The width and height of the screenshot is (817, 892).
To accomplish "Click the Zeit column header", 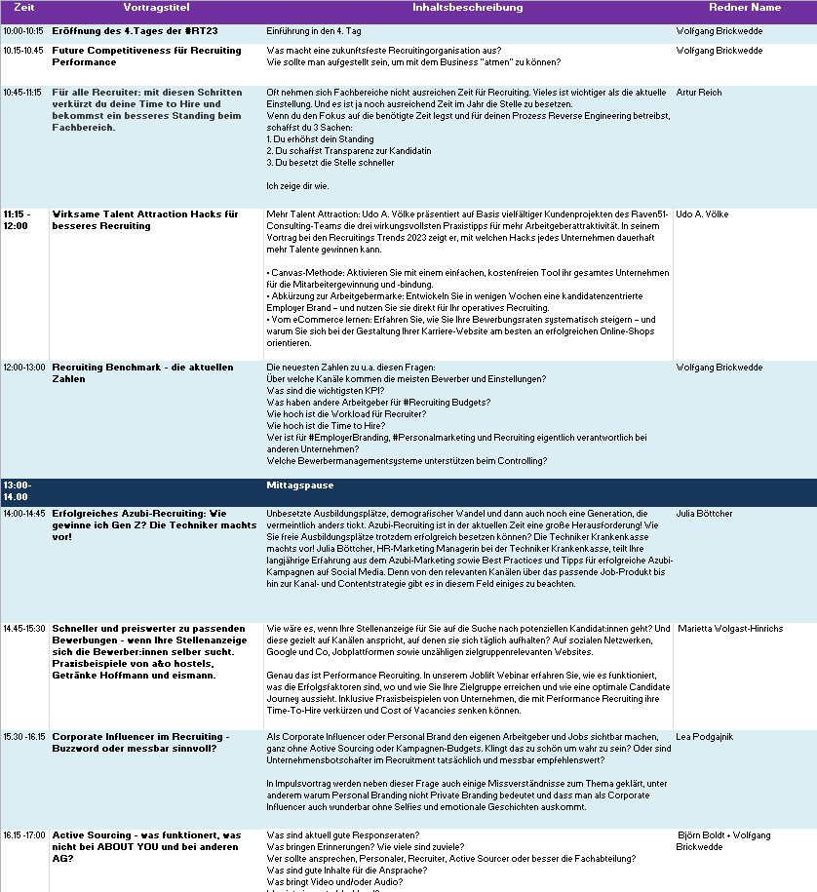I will click(24, 8).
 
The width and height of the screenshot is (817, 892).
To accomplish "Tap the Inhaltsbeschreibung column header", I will click(467, 8).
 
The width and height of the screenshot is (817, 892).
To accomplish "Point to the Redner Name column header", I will click(745, 8).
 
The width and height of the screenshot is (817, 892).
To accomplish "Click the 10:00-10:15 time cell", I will click(23, 31).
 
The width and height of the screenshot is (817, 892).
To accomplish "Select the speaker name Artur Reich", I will click(699, 93).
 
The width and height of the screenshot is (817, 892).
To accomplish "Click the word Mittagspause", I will click(300, 485).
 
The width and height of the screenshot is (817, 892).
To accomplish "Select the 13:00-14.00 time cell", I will click(18, 490).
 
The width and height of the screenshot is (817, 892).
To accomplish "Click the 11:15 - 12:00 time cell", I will click(18, 219).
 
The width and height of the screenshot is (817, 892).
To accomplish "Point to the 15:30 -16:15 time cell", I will click(24, 737).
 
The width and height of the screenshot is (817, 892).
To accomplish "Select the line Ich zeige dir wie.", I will click(297, 185).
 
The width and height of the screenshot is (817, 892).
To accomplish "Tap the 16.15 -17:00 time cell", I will click(24, 835).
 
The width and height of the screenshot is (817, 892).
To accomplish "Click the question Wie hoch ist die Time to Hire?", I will click(327, 426).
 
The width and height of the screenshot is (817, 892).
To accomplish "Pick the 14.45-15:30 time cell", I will click(24, 629).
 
